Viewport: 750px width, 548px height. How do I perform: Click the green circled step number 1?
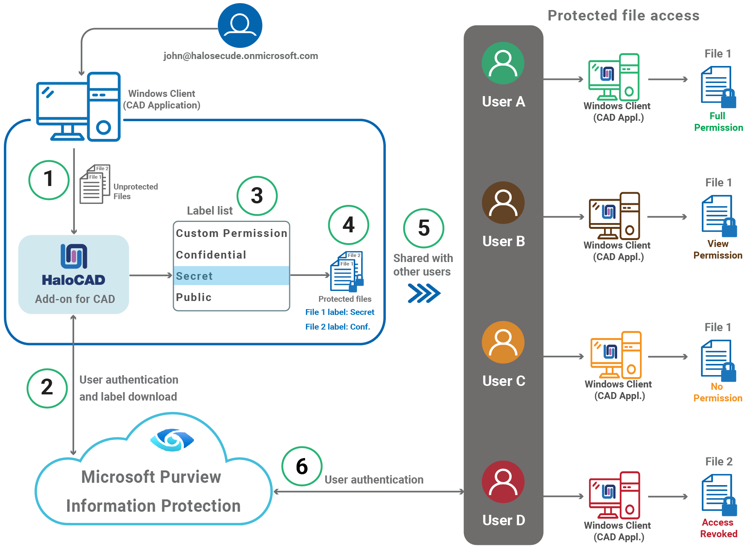[x=49, y=180]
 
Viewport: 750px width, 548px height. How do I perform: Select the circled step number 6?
[x=302, y=466]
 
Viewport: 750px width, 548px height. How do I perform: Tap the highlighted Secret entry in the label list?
[x=231, y=276]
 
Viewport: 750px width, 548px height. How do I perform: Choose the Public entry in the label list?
[x=194, y=297]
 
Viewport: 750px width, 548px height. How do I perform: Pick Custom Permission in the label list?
[x=231, y=233]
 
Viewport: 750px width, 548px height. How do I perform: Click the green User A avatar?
[x=503, y=63]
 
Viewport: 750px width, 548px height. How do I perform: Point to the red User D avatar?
[x=503, y=482]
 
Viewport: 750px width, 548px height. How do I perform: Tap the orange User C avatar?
[x=503, y=342]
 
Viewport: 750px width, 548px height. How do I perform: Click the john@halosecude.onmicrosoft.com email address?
[x=241, y=56]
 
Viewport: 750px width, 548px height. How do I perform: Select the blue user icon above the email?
[x=240, y=25]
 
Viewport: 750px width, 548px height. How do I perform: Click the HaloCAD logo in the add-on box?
[x=74, y=256]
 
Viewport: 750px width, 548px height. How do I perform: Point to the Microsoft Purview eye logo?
[x=172, y=440]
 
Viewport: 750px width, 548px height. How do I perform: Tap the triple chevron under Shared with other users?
[x=424, y=293]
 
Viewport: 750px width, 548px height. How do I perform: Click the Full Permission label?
[x=718, y=122]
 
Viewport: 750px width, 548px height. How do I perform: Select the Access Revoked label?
[x=718, y=528]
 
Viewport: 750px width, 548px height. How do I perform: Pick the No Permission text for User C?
[x=718, y=392]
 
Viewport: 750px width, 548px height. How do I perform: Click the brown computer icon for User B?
[x=614, y=216]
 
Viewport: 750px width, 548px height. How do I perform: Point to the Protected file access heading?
[x=623, y=15]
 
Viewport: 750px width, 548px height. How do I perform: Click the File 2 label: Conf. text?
[x=338, y=326]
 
